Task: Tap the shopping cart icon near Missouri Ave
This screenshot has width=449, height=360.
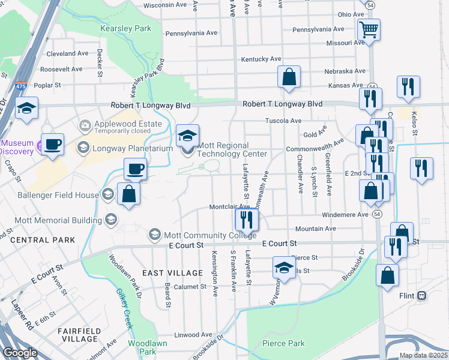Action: click(368, 28)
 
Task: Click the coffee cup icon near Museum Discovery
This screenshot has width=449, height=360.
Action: click(53, 145)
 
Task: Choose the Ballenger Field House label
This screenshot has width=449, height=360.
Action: click(59, 194)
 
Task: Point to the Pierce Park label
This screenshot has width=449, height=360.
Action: click(283, 344)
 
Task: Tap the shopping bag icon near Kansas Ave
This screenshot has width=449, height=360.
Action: click(289, 77)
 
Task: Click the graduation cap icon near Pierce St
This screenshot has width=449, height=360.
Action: click(284, 267)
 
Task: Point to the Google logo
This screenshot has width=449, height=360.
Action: click(20, 353)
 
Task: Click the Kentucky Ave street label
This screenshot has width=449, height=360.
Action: click(261, 59)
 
